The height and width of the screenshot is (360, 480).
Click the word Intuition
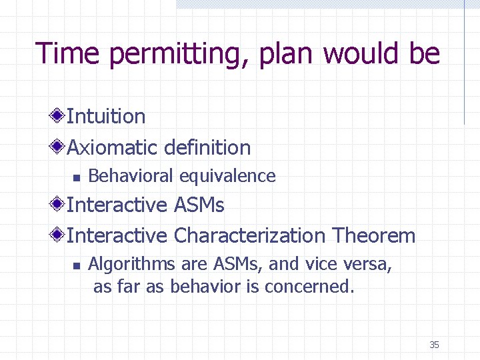(x=106, y=117)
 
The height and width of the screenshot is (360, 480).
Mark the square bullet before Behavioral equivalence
(x=76, y=177)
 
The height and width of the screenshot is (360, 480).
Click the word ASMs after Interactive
(x=199, y=205)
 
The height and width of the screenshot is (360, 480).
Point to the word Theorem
(x=374, y=235)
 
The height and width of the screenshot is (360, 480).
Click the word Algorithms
(x=131, y=265)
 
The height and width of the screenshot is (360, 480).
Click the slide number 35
(x=434, y=345)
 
